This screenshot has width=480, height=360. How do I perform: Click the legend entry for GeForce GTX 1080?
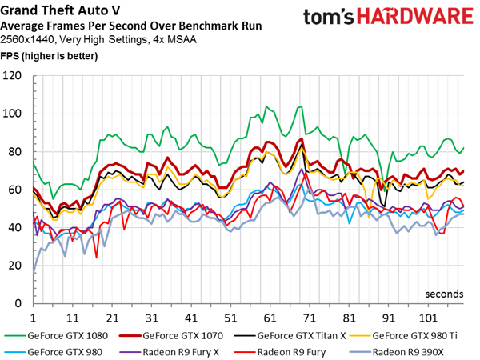[x=56, y=336]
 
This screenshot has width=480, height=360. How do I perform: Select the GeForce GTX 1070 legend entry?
[x=171, y=336]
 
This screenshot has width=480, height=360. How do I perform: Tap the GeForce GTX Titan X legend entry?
[x=290, y=336]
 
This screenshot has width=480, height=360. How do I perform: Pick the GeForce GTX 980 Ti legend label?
[x=414, y=336]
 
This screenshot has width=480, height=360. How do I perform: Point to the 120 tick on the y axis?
[x=12, y=75]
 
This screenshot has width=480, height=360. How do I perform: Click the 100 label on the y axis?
[x=12, y=114]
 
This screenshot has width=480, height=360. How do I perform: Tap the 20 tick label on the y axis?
[x=14, y=266]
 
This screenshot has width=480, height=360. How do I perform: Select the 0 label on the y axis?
[x=18, y=303]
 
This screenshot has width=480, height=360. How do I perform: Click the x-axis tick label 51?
[x=230, y=318]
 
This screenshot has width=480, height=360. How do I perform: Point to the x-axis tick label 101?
[x=428, y=318]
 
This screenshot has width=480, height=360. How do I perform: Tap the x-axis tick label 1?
[x=33, y=318]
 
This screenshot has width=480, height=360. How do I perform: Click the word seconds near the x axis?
[x=444, y=294]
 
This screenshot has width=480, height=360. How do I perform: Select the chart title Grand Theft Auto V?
[x=60, y=10]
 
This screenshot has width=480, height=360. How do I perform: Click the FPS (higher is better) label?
[x=49, y=56]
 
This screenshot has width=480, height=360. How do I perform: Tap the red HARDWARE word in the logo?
[x=415, y=16]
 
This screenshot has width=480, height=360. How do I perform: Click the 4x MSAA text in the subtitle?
[x=174, y=40]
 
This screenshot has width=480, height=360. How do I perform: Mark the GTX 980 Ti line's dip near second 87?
[x=369, y=218]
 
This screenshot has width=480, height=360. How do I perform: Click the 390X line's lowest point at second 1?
[x=34, y=272]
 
